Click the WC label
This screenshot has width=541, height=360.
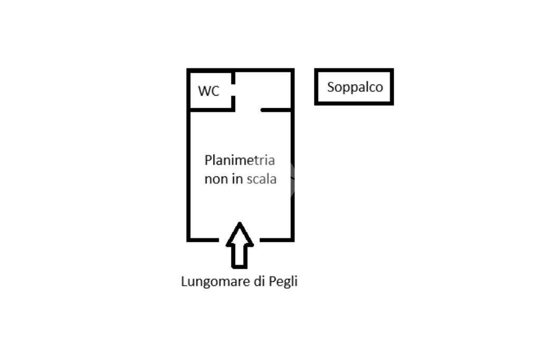click(x=209, y=91)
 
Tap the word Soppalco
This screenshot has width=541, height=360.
click(x=355, y=88)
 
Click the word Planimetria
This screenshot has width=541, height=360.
click(x=240, y=160)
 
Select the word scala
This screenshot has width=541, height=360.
click(x=262, y=179)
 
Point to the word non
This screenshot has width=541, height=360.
click(x=216, y=179)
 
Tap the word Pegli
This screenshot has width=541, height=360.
click(x=283, y=282)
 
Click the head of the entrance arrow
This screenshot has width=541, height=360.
click(x=240, y=234)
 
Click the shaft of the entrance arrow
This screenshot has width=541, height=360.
click(x=240, y=257)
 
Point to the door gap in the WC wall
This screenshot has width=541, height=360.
click(x=233, y=90)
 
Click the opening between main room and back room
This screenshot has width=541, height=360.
click(x=248, y=110)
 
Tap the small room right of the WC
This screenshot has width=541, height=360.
click(x=263, y=90)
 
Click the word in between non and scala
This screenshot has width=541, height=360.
click(x=237, y=179)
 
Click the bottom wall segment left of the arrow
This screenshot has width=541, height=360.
click(x=202, y=240)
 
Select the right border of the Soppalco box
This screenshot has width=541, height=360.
click(x=392, y=87)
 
